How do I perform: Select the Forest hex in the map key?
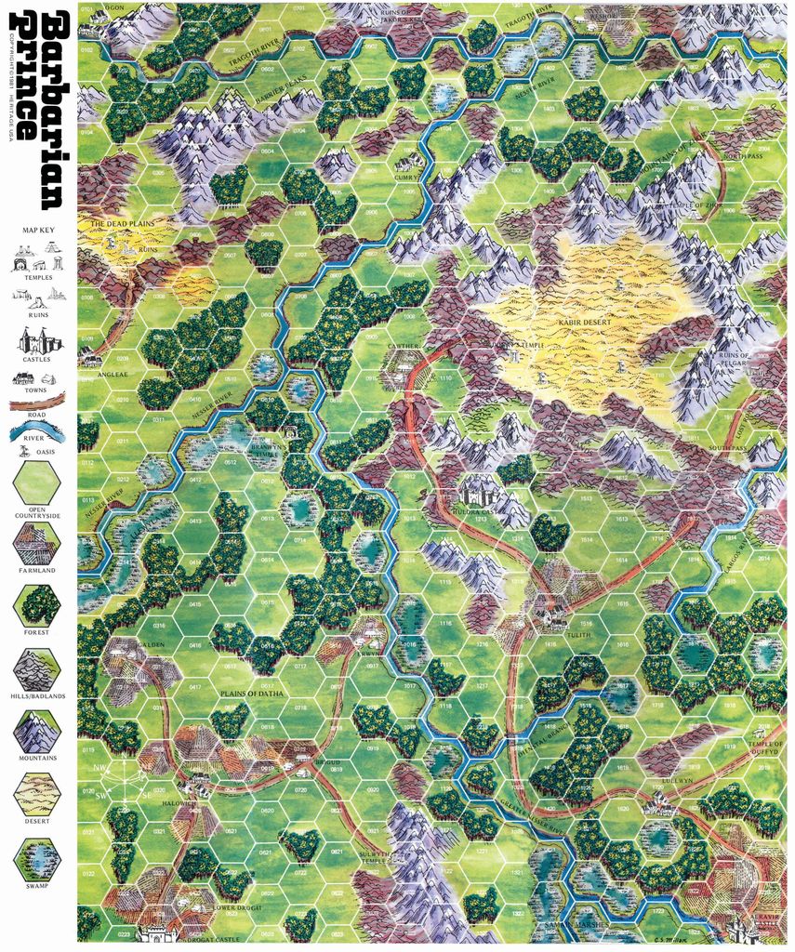pyautogui.click(x=37, y=604)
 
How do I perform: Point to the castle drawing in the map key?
pyautogui.click(x=38, y=341)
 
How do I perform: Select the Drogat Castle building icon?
pyautogui.click(x=157, y=930)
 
